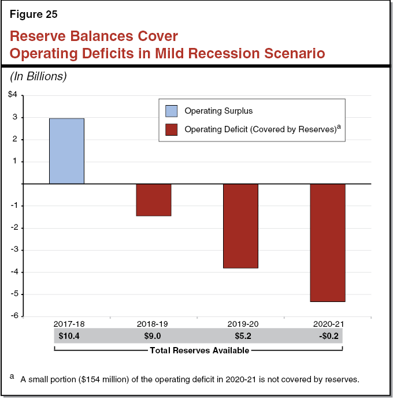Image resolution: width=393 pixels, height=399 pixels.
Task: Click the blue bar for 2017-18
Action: pos(66,151)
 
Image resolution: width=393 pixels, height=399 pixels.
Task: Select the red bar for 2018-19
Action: pos(153,200)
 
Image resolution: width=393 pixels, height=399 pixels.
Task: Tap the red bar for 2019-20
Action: pos(240,226)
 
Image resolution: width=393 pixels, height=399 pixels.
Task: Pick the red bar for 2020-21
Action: pos(328,243)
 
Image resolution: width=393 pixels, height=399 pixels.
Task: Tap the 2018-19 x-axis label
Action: pos(153,324)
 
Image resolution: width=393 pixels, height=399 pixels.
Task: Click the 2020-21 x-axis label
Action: pos(328,324)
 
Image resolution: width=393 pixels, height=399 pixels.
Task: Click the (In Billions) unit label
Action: pos(38,76)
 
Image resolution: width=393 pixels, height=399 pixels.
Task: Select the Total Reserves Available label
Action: pos(199,350)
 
